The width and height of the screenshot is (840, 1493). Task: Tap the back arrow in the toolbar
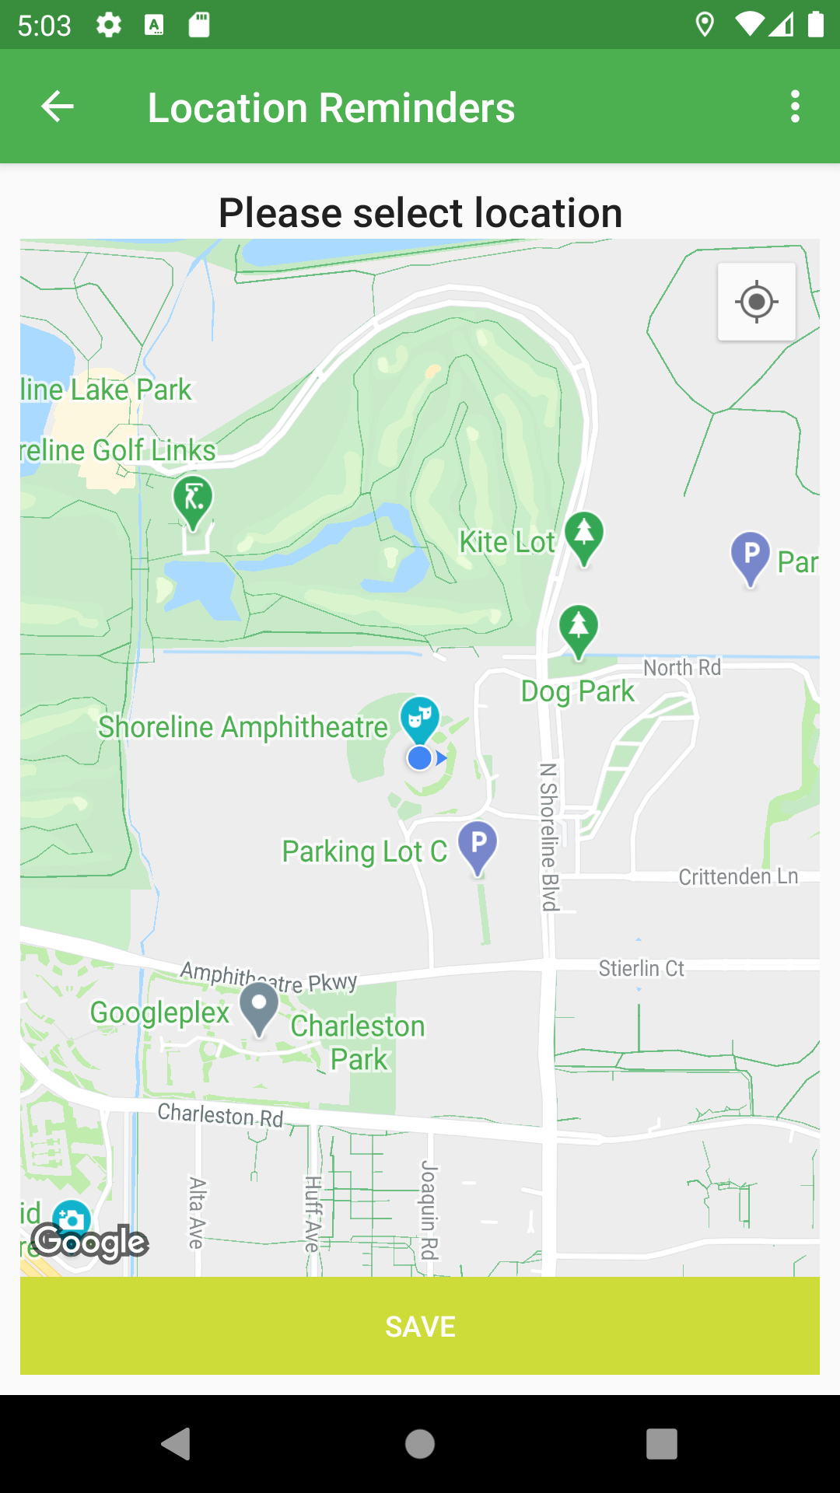click(58, 107)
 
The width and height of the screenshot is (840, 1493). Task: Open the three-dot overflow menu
click(794, 107)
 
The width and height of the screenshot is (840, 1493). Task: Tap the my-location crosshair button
click(756, 302)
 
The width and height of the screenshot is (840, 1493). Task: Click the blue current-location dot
click(420, 757)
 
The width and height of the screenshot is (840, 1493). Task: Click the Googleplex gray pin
click(259, 1008)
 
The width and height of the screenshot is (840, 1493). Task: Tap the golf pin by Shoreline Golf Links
click(194, 500)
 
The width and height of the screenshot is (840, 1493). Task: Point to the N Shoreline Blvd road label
click(549, 837)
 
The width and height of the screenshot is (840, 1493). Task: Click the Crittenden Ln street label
click(738, 876)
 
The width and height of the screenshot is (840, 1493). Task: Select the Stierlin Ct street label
click(641, 968)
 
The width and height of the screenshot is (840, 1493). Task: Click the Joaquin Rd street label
click(429, 1209)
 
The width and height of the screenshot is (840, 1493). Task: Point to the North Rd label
click(682, 667)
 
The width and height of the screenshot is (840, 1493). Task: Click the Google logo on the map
click(90, 1242)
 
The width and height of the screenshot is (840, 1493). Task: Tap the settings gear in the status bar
click(109, 25)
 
